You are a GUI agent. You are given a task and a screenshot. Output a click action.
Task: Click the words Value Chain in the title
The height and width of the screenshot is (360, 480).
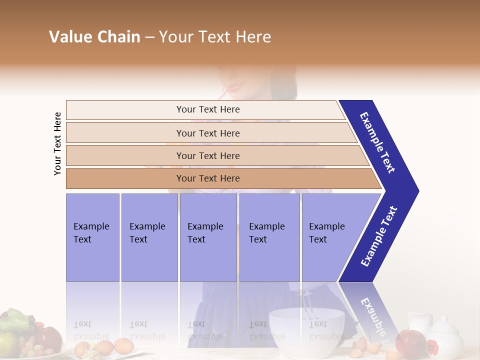tap(94, 37)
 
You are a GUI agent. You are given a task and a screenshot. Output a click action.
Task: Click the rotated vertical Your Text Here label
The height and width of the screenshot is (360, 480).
tap(57, 143)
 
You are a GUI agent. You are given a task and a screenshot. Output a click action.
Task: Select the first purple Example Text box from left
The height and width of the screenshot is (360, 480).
tap(92, 237)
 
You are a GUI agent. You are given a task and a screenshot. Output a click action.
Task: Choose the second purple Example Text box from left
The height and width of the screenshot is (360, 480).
tap(149, 237)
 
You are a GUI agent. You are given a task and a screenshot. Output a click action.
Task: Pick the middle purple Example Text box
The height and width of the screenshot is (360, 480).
tap(208, 237)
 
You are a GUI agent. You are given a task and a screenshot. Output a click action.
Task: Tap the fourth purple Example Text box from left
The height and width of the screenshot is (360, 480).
tap(269, 237)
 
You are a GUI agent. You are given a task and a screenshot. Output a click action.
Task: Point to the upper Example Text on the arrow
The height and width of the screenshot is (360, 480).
tap(377, 142)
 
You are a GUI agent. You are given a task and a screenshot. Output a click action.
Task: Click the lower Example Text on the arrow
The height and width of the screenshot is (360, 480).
tap(379, 236)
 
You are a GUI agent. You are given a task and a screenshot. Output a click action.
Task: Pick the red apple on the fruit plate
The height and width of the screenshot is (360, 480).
tap(48, 338)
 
